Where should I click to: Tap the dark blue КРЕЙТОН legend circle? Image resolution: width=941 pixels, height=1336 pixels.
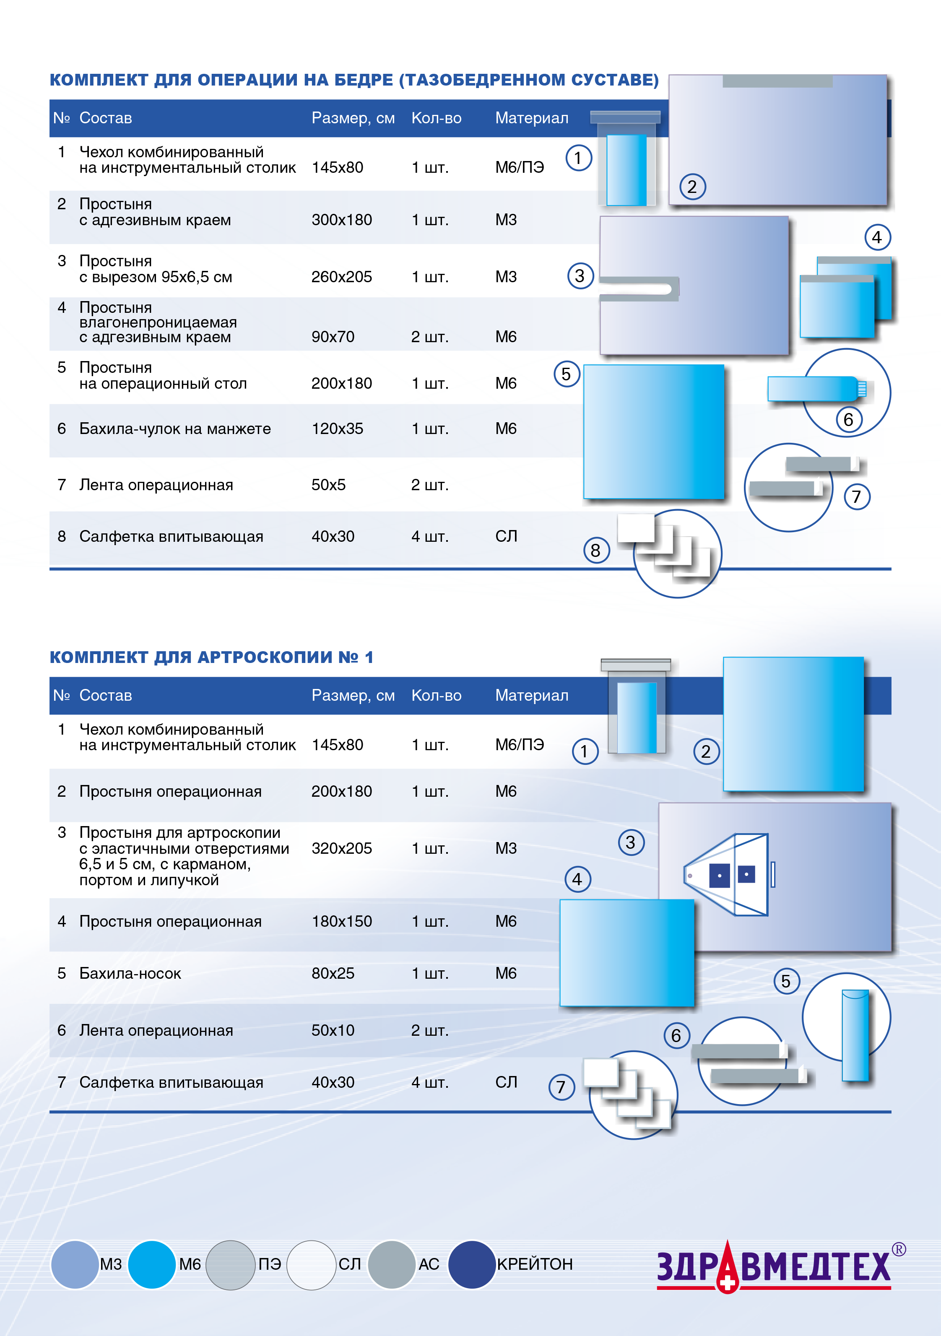471,1264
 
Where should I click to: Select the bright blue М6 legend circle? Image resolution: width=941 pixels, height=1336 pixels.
151,1264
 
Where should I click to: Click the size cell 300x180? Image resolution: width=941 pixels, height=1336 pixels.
342,220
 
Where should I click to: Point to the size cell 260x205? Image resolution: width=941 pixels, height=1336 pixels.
342,277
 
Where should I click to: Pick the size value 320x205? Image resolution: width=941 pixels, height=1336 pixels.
342,848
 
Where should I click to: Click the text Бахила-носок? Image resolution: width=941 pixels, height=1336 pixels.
130,974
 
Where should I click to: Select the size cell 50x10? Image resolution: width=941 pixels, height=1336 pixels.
333,1030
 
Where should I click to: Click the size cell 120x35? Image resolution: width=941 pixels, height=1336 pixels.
338,429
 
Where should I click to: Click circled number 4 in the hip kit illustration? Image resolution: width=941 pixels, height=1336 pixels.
877,237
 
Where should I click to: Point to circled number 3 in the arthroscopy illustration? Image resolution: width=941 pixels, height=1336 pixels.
631,842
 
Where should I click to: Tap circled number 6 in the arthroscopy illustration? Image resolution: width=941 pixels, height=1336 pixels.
676,1035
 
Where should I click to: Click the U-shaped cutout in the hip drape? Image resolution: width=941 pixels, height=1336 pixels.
640,289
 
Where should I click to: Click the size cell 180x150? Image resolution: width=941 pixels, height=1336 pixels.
342,922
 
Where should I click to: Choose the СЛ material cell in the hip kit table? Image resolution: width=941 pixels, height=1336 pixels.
506,536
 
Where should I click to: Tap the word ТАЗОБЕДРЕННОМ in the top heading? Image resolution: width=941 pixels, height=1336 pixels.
483,80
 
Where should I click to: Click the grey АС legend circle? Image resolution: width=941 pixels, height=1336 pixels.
392,1264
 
